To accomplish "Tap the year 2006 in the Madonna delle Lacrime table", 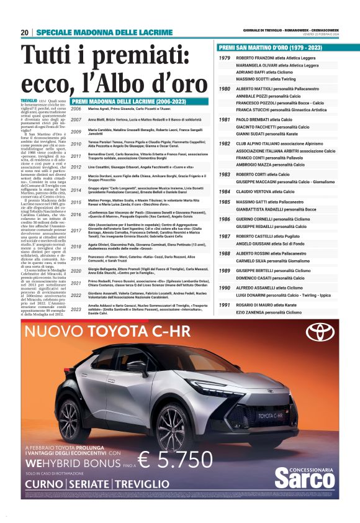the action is [x=76, y=109].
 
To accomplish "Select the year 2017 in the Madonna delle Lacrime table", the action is [x=76, y=230].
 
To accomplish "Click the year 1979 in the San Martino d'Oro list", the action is [x=225, y=58].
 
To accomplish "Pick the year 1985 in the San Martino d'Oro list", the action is [x=225, y=203].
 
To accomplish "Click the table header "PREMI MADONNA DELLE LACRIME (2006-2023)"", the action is [x=122, y=100].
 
